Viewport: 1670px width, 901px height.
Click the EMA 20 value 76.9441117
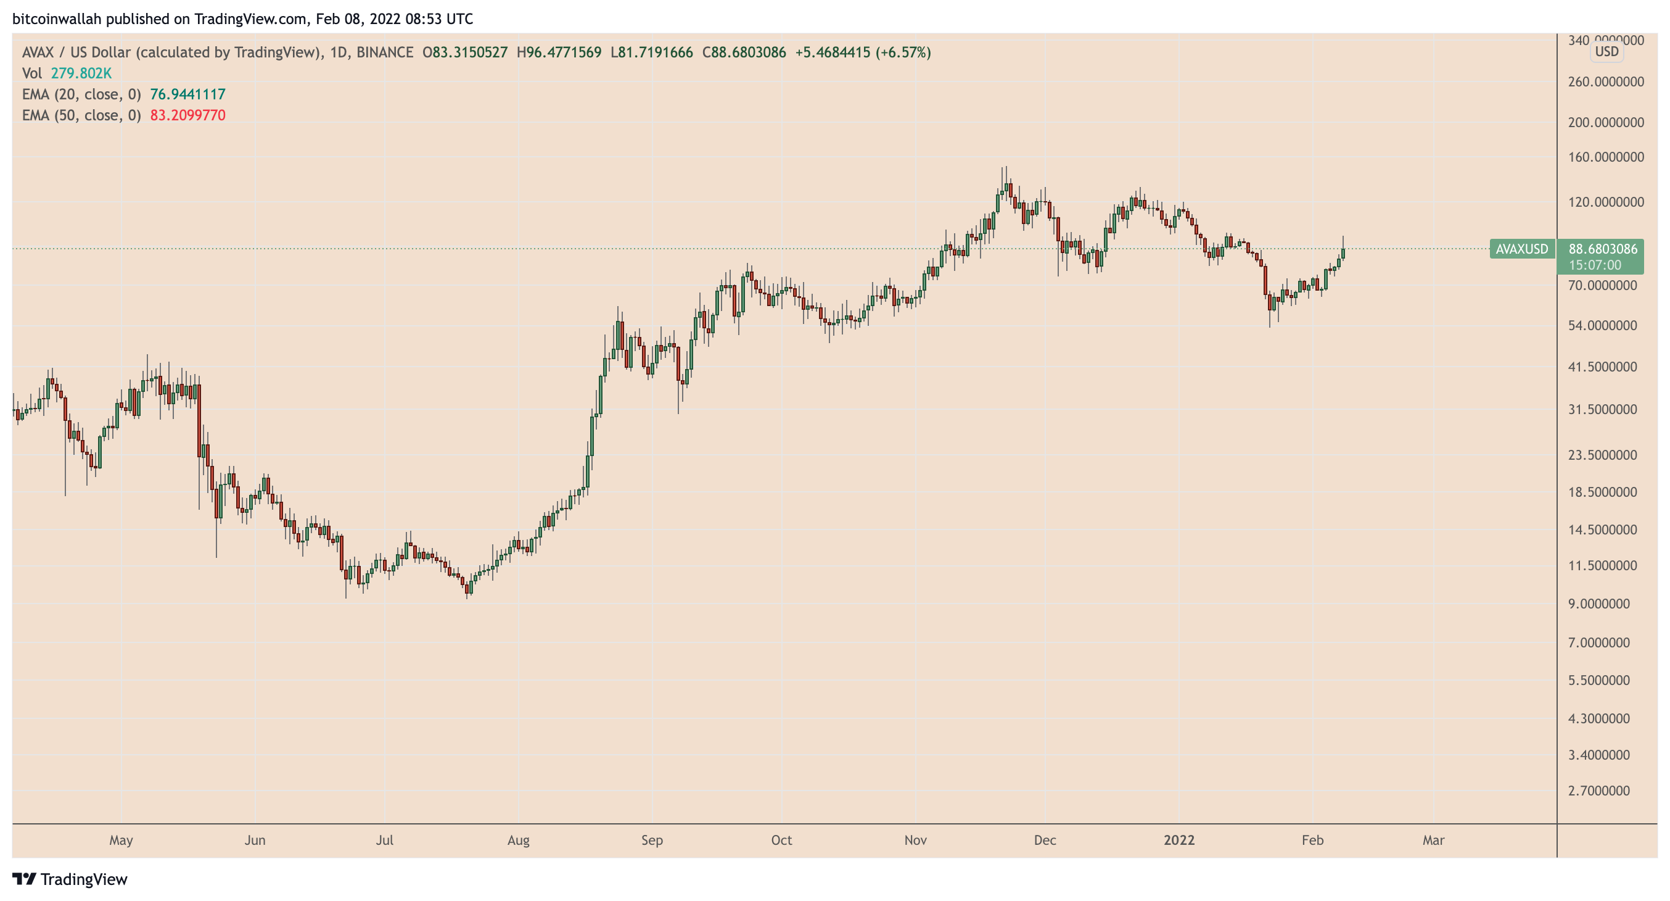tap(187, 94)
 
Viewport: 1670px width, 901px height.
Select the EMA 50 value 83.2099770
tap(187, 115)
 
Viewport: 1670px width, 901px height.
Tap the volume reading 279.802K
tap(81, 73)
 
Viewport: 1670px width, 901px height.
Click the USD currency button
tap(1606, 51)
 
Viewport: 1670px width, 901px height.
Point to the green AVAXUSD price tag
tap(1521, 249)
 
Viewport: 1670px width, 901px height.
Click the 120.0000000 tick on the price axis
tap(1605, 202)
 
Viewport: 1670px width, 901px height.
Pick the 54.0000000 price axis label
tap(1602, 325)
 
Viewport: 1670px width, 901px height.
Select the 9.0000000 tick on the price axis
tap(1598, 604)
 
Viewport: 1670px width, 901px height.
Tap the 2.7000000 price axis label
tap(1598, 790)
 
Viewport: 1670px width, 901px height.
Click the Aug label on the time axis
tap(518, 840)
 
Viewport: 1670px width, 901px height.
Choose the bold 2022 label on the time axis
tap(1178, 840)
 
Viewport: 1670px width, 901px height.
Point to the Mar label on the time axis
tap(1433, 840)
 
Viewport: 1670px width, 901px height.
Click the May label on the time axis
tap(121, 840)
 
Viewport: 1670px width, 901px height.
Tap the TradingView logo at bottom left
tap(70, 879)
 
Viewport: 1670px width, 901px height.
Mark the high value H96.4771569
tap(559, 52)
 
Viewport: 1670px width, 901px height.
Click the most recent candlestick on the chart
tap(1343, 253)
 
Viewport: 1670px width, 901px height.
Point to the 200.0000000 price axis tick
tap(1605, 122)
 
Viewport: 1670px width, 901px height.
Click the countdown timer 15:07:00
tap(1594, 265)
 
